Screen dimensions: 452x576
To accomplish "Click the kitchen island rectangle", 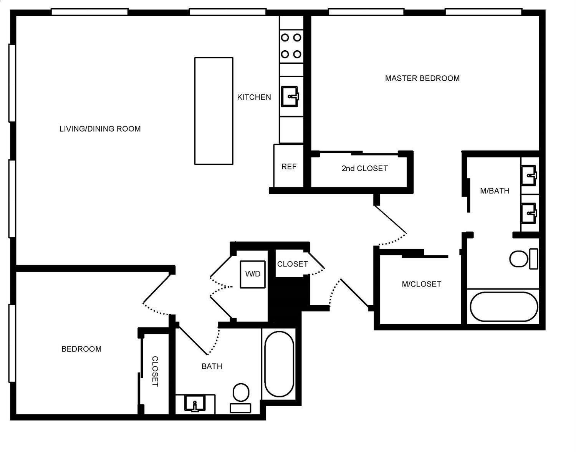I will point(214,111).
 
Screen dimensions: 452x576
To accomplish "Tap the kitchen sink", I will point(290,96).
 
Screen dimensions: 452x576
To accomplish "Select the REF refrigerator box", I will point(288,166).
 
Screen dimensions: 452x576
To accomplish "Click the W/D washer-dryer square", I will point(253,274).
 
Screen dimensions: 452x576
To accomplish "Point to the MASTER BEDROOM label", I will point(422,78).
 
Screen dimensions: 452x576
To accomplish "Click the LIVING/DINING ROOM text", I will point(100,129).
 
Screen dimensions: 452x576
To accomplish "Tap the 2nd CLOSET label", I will point(364,169).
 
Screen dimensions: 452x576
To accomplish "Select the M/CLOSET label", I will point(421,284).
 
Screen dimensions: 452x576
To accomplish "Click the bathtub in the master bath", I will point(503,307).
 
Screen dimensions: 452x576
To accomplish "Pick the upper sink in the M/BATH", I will point(530,175).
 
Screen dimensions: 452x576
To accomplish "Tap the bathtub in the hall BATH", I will point(279,364).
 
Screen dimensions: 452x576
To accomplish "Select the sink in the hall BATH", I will point(195,404).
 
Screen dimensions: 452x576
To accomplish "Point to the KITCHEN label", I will point(254,97).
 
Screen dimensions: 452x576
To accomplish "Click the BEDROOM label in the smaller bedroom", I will point(81,349).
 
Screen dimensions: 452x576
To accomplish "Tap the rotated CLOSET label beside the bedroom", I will point(155,371).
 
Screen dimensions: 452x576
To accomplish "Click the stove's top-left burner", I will point(285,38).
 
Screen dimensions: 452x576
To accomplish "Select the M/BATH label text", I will point(495,191).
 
